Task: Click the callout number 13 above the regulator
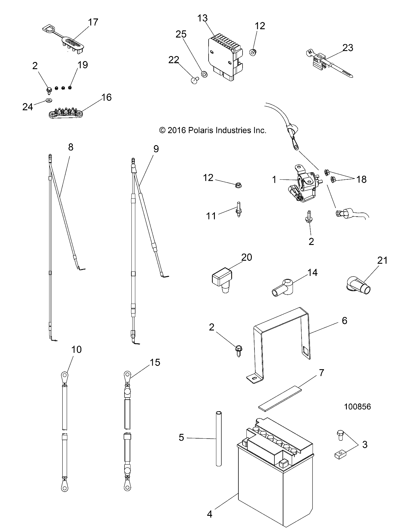pos(202,18)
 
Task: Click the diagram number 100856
pos(357,407)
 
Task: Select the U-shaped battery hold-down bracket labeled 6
pos(280,343)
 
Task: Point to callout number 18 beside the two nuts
pos(361,179)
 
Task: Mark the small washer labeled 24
pos(48,100)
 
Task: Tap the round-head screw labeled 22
pos(195,80)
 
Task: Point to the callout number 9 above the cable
pos(156,149)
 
